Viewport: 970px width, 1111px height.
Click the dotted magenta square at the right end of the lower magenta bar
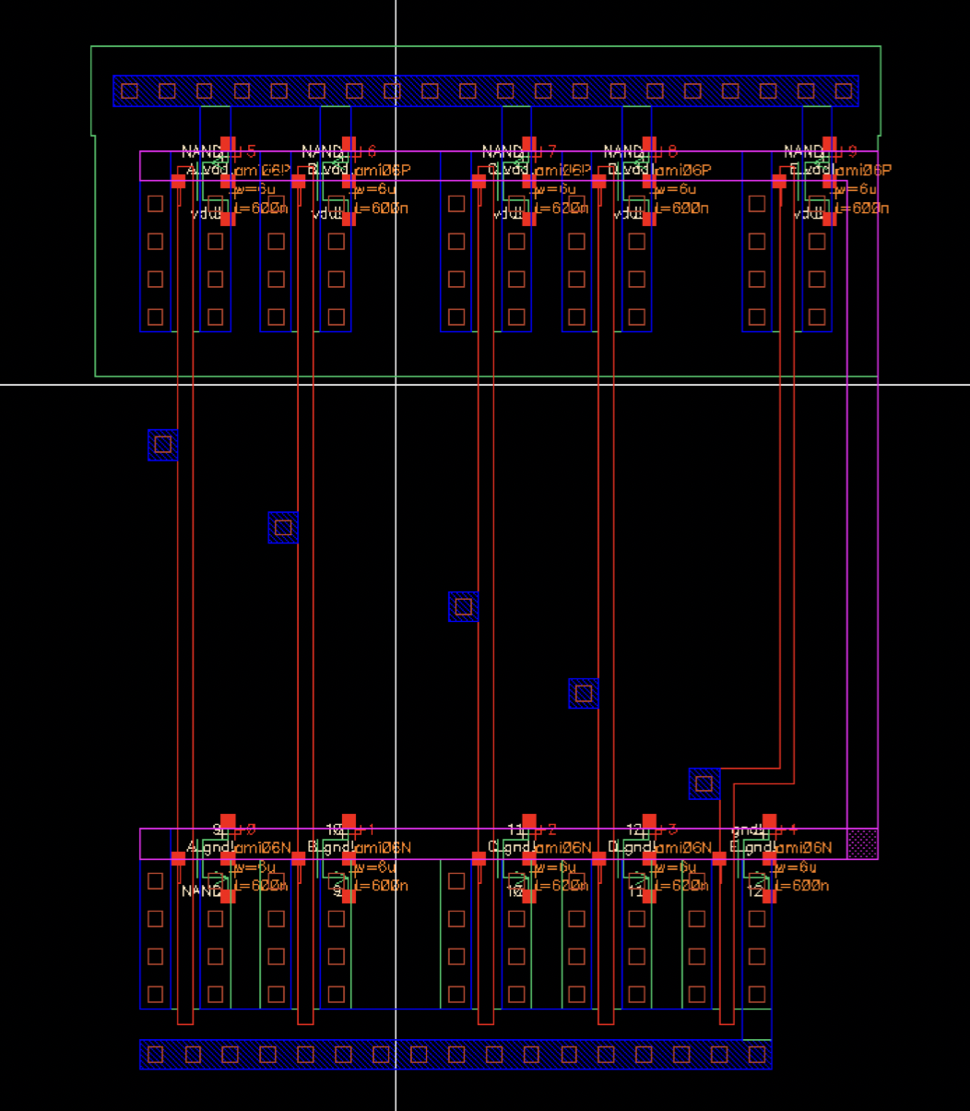tap(862, 843)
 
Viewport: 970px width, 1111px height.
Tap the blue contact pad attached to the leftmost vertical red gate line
tap(163, 445)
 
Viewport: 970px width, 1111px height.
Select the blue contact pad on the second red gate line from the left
tap(283, 528)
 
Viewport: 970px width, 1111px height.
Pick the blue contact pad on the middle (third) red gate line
tap(464, 606)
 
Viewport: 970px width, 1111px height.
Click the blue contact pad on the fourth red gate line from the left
tap(584, 693)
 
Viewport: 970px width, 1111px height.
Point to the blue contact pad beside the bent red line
tap(704, 783)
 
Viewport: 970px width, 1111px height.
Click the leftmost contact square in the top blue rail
tap(130, 91)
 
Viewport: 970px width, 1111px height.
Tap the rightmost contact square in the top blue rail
tap(843, 91)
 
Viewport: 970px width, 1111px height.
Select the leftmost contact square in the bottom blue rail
tap(156, 1054)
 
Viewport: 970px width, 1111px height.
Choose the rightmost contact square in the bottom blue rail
tap(755, 1054)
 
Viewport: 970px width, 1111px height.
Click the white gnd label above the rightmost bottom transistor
tap(743, 830)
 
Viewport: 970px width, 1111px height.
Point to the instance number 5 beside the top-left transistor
tap(251, 151)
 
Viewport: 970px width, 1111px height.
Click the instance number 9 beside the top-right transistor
tap(851, 151)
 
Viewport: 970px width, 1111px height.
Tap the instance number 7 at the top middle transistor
tap(551, 151)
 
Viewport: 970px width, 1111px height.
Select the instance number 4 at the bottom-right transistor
tap(792, 830)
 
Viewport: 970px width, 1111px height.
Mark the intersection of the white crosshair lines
tap(396, 384)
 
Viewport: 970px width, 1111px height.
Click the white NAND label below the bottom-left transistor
tap(200, 891)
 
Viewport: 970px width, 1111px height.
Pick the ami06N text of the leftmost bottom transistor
tap(262, 848)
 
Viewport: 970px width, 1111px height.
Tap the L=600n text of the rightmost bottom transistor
tap(802, 886)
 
